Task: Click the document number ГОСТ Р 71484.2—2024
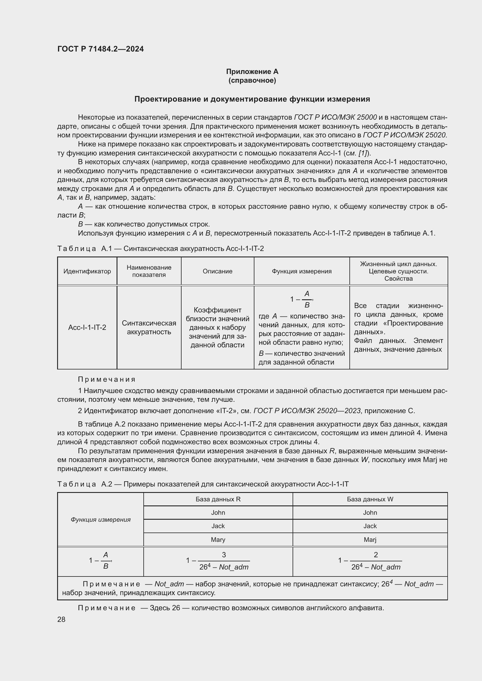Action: [x=100, y=49]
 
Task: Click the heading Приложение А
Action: [x=252, y=72]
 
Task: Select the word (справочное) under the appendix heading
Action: [x=252, y=80]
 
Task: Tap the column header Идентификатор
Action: [x=87, y=271]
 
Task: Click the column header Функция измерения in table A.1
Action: [x=302, y=271]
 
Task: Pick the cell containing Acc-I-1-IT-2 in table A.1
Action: [x=87, y=328]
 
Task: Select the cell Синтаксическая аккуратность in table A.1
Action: [x=149, y=328]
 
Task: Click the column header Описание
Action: [x=217, y=271]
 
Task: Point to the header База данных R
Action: [x=218, y=499]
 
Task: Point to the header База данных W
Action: [x=370, y=499]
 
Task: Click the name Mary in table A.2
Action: [x=218, y=540]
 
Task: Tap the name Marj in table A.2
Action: [x=370, y=540]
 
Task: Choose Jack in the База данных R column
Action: [x=218, y=526]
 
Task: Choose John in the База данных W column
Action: [x=370, y=512]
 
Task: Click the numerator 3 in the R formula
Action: [x=224, y=555]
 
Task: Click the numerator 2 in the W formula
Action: [x=376, y=555]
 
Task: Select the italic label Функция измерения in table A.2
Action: [x=101, y=519]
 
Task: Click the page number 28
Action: [x=61, y=619]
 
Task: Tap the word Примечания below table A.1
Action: [x=107, y=379]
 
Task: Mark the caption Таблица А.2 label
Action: [x=85, y=484]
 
